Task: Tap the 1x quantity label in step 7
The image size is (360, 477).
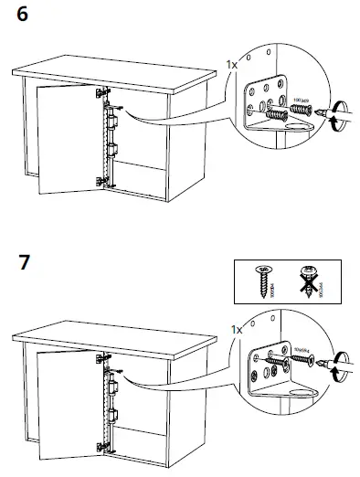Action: (x=235, y=328)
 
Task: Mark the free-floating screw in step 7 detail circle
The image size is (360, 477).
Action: (x=301, y=362)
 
